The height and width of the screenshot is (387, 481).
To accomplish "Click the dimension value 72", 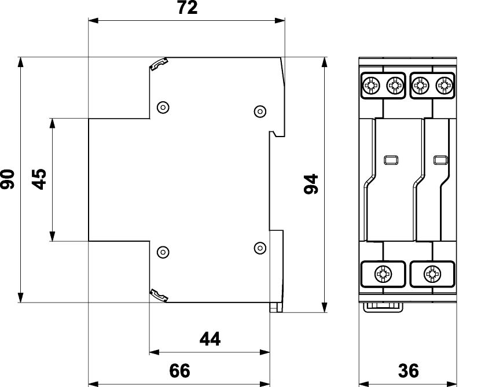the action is (188, 8).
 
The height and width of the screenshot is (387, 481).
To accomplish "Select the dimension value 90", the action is (8, 179).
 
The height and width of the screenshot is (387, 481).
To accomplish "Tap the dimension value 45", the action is (39, 179).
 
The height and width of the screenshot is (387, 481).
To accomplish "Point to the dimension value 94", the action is (311, 184).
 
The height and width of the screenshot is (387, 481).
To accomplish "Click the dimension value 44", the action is (210, 339).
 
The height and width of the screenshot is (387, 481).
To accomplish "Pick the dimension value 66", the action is (180, 370).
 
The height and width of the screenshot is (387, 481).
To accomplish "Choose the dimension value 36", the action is (408, 370).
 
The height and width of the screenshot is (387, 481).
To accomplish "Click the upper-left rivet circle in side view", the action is (163, 108).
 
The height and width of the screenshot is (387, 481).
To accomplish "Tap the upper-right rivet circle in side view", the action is (260, 111).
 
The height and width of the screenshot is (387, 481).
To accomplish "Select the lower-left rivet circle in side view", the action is (163, 252).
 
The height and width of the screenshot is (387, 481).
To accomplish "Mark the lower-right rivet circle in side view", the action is (260, 248).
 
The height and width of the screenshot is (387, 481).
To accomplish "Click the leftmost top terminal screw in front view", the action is (371, 85).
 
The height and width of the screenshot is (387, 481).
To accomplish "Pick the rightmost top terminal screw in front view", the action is (444, 85).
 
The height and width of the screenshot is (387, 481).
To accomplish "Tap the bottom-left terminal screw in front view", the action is (383, 274).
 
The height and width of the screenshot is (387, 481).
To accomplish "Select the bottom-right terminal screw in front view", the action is (432, 274).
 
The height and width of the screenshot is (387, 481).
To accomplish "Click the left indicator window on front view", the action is (391, 160).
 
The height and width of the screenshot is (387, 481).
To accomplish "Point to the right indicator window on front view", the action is (440, 160).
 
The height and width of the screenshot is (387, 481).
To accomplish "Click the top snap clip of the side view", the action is (159, 64).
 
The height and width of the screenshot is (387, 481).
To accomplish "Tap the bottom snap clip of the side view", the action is (159, 295).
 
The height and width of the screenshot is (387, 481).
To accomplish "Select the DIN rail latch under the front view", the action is (383, 307).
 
